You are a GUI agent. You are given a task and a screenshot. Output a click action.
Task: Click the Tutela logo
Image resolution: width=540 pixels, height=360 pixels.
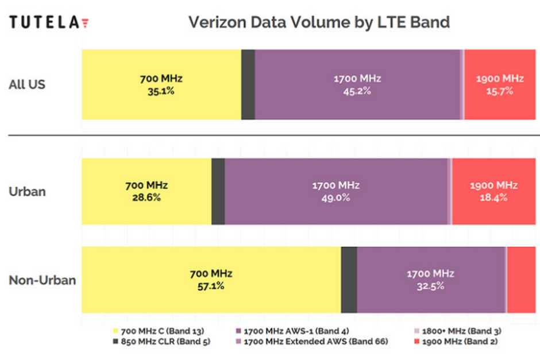point(49,22)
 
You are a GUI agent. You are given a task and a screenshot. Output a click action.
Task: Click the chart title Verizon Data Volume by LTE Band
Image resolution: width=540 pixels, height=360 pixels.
point(319,22)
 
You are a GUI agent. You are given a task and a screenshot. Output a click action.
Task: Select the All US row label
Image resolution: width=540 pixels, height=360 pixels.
point(27,84)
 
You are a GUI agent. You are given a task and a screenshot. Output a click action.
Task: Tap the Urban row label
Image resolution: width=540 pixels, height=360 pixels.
point(27,191)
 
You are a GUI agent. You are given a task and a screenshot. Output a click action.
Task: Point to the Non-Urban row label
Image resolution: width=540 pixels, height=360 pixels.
point(42,280)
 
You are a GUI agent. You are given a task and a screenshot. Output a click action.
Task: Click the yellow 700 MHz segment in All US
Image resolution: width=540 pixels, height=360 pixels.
point(161,84)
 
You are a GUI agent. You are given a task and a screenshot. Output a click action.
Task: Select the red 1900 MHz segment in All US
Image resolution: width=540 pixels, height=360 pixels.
point(499,84)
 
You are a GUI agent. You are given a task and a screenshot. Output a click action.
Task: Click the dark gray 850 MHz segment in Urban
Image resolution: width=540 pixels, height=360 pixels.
point(218,191)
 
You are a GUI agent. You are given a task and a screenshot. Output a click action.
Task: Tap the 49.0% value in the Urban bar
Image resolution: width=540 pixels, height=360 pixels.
point(335,198)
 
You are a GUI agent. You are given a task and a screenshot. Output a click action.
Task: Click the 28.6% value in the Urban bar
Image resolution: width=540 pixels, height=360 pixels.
point(146,198)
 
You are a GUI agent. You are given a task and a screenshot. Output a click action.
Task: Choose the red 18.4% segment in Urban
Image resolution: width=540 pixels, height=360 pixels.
point(493,191)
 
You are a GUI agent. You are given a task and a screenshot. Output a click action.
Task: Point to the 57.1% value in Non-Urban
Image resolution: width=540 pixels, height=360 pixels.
point(211,286)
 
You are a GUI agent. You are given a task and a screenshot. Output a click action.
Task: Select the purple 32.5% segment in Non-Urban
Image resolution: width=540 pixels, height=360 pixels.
point(430,280)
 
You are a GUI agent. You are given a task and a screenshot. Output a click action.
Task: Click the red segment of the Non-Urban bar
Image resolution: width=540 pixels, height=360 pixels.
point(521,280)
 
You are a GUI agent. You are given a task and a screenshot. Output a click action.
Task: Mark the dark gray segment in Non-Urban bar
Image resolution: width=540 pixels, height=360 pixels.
point(349,280)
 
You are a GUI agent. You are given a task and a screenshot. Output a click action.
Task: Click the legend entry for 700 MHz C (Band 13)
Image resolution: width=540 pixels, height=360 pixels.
point(159,331)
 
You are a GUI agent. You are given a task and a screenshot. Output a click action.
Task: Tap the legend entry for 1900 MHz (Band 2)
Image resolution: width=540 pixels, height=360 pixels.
point(458,342)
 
